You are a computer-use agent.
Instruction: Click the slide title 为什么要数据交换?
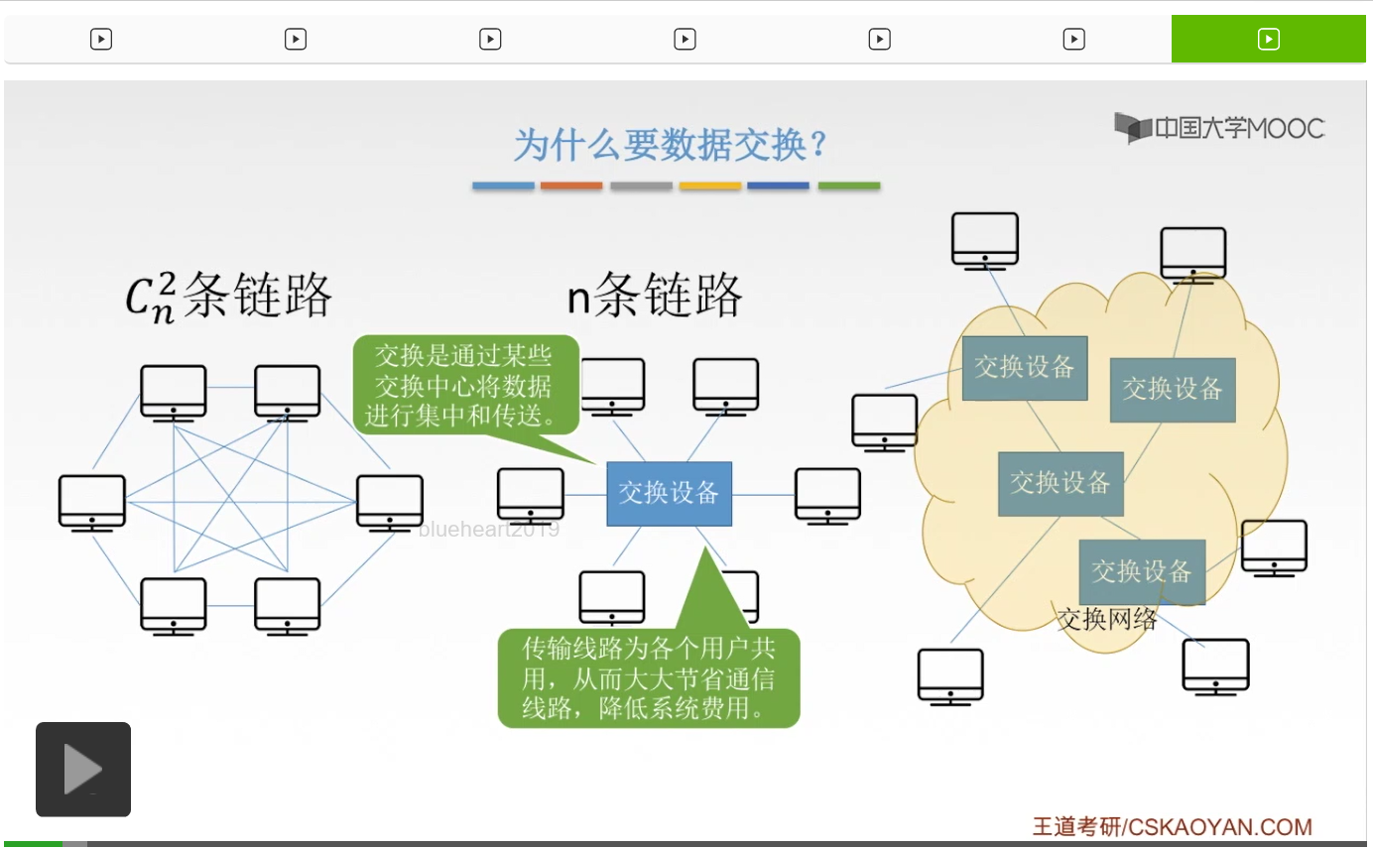click(x=670, y=146)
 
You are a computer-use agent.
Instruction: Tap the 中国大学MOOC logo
click(x=1219, y=128)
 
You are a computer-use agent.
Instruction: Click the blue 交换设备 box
click(x=670, y=493)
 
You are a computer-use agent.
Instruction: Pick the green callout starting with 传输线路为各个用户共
click(x=649, y=678)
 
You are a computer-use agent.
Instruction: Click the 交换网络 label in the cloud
click(x=1107, y=620)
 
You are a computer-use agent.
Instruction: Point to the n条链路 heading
click(x=655, y=295)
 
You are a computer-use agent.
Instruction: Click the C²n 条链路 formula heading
click(x=228, y=295)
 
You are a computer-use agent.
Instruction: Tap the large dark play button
click(x=83, y=770)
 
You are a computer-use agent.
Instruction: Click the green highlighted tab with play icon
click(x=1269, y=39)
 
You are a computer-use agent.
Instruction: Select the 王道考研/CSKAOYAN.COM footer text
click(x=1172, y=826)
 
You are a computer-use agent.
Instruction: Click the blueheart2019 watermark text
click(x=489, y=530)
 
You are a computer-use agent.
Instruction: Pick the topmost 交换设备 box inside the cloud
click(x=1025, y=367)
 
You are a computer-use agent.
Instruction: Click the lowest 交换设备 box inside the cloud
click(x=1142, y=571)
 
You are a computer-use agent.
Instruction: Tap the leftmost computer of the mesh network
click(x=92, y=502)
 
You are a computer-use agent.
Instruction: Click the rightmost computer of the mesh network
click(x=390, y=502)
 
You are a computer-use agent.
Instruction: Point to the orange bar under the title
click(x=571, y=185)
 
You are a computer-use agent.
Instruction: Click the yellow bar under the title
click(x=710, y=185)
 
